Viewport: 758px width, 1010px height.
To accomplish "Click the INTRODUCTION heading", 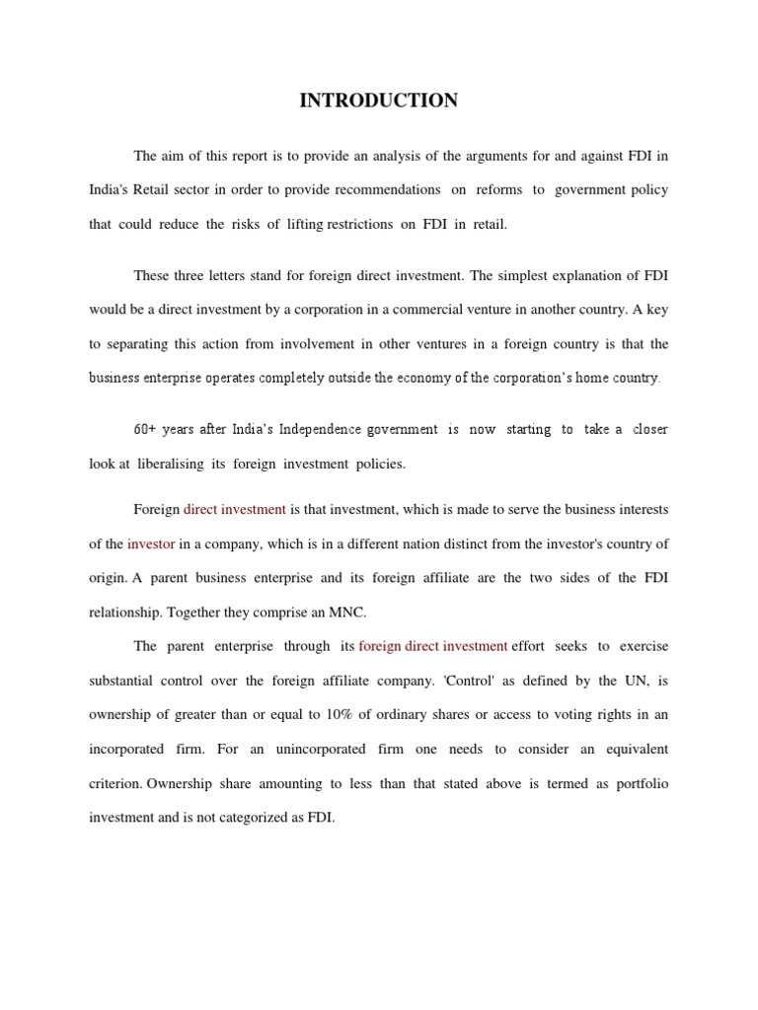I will (379, 101).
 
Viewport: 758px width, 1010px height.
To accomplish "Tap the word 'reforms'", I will (498, 189).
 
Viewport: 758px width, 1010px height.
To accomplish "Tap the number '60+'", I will (146, 429).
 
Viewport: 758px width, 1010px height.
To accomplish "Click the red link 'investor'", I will (151, 543).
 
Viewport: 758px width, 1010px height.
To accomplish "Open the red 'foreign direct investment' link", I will (433, 646).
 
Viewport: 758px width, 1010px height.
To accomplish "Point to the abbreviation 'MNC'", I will (346, 612).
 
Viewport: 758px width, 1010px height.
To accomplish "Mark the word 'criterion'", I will (114, 783).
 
